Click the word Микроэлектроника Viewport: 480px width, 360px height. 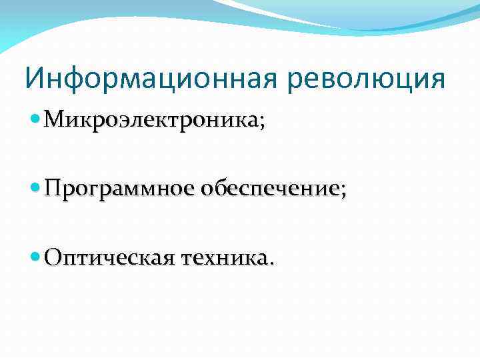pos(151,121)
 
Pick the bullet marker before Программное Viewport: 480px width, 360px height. pos(36,188)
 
